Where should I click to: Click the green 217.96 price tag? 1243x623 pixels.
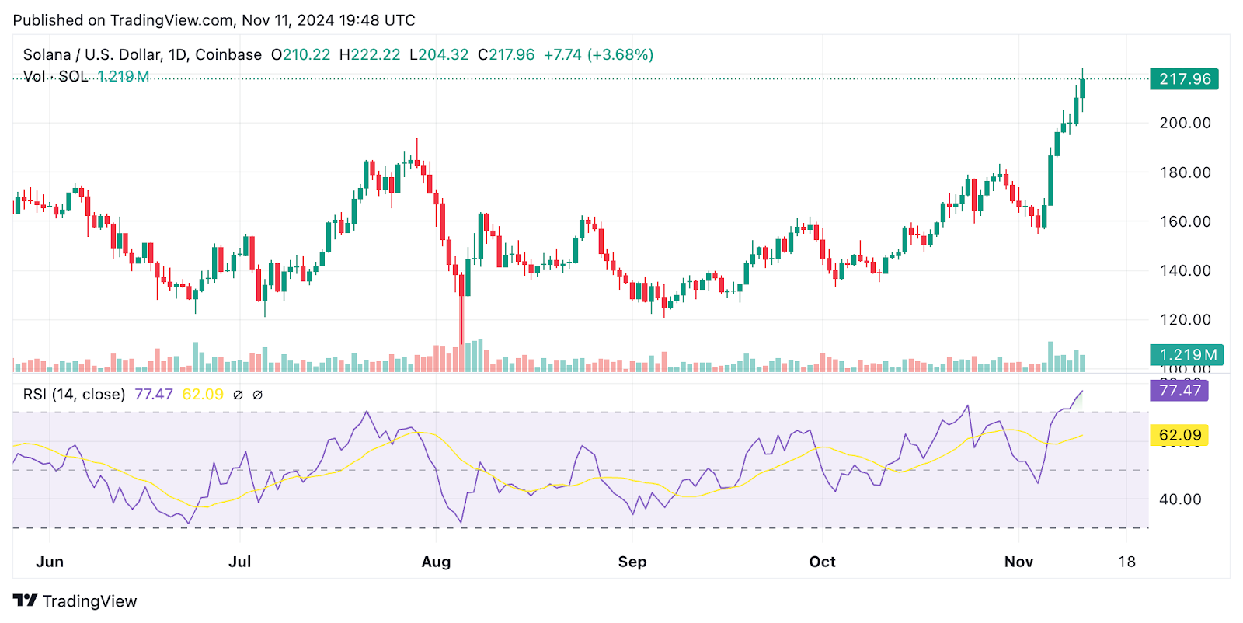point(1184,79)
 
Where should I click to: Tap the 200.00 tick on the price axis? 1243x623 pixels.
point(1185,123)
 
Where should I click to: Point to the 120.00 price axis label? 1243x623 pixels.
point(1185,319)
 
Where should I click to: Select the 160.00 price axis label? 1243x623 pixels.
point(1185,221)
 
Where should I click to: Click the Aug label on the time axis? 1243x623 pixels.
point(436,562)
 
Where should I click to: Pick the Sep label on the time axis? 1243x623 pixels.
point(632,562)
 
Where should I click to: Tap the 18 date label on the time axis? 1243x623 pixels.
point(1126,562)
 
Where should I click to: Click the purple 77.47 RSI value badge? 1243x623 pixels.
point(1179,391)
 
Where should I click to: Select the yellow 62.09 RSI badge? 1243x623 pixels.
point(1179,435)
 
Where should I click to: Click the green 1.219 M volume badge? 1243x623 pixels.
point(1187,355)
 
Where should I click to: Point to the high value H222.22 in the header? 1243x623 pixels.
point(370,55)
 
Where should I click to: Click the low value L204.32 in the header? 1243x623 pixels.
point(439,55)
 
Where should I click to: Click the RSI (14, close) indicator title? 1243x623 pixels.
point(74,395)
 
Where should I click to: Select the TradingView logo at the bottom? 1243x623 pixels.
point(75,601)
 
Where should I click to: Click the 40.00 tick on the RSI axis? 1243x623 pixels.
point(1180,499)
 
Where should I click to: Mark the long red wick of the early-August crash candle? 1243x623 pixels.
point(462,318)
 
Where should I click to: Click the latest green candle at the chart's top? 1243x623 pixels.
point(1082,88)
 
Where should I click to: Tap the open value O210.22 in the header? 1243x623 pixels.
point(301,55)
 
